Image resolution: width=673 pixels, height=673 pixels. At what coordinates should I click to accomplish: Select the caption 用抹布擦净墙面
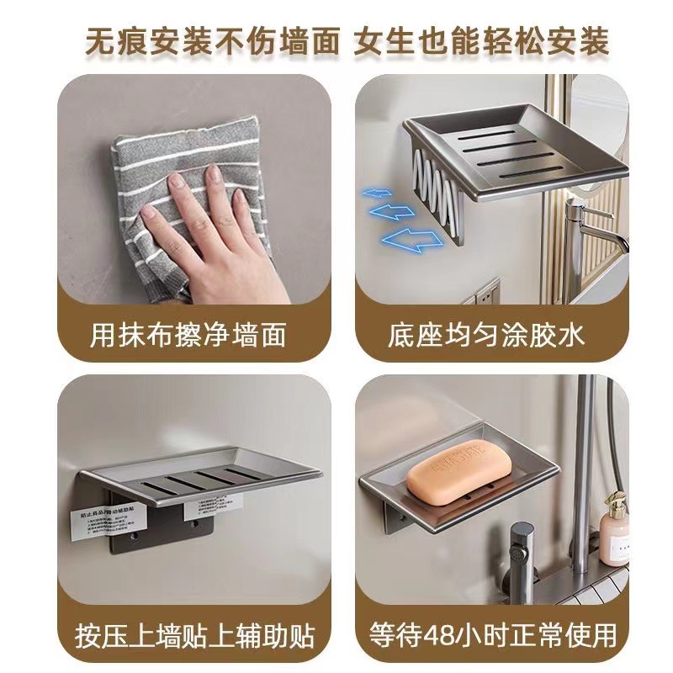pyautogui.click(x=188, y=335)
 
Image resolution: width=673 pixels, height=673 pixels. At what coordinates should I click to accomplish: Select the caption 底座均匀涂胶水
pyautogui.click(x=485, y=335)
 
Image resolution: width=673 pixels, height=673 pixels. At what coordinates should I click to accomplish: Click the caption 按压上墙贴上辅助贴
pyautogui.click(x=188, y=633)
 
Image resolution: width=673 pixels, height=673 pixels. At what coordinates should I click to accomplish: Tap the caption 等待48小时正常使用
pyautogui.click(x=485, y=633)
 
